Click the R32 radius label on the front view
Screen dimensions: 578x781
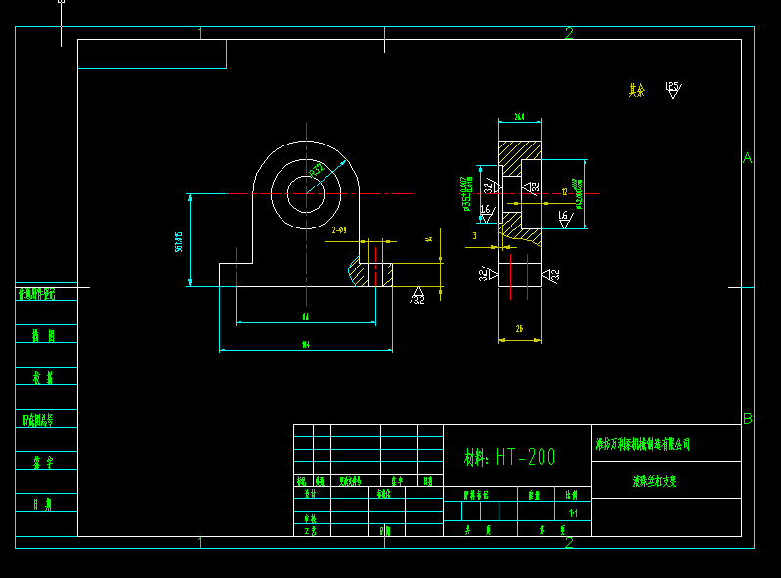click(318, 170)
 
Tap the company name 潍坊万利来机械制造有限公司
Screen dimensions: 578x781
click(643, 444)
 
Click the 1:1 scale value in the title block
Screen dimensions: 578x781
click(572, 513)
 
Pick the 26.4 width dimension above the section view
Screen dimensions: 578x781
click(519, 117)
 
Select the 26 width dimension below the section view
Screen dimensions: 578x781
click(519, 330)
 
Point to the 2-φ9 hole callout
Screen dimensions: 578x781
click(339, 229)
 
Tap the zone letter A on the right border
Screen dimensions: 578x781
click(747, 158)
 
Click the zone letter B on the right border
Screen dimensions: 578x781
click(747, 419)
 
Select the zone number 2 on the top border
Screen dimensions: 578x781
click(569, 33)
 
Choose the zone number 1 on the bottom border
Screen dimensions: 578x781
click(200, 543)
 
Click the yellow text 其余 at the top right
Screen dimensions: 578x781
click(637, 90)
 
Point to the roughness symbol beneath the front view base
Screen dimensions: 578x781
click(417, 296)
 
